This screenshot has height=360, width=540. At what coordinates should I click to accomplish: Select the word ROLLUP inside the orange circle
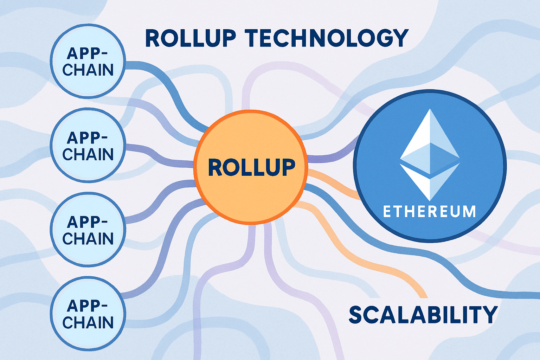click(x=251, y=167)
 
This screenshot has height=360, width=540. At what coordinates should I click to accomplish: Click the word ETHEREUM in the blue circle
click(x=429, y=212)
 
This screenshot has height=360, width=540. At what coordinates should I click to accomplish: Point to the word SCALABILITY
click(x=423, y=315)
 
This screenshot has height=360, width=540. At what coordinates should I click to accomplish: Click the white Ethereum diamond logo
click(x=430, y=155)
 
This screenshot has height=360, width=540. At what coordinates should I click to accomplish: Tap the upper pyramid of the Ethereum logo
click(x=430, y=141)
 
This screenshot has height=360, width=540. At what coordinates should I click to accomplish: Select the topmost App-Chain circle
click(x=88, y=61)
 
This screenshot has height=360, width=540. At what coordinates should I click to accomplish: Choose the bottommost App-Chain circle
click(x=88, y=314)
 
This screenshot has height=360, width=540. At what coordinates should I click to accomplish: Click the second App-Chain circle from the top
click(x=88, y=146)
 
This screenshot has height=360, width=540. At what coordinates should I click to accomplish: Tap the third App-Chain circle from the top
click(x=88, y=230)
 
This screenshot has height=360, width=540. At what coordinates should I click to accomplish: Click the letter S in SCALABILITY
click(x=357, y=315)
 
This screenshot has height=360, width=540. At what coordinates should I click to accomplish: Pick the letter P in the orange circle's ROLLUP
click(x=287, y=167)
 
